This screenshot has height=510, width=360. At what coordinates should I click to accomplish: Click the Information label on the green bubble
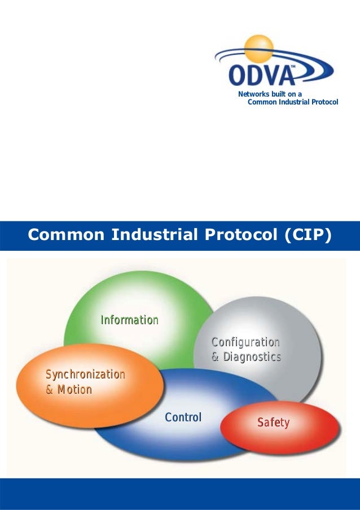(x=129, y=320)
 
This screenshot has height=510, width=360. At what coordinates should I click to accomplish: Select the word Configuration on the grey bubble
(x=245, y=342)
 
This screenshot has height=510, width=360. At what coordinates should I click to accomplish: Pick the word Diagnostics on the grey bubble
(x=252, y=357)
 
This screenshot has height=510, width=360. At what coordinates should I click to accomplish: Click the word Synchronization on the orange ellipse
(x=85, y=374)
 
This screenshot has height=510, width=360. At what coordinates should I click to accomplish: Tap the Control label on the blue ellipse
(x=183, y=417)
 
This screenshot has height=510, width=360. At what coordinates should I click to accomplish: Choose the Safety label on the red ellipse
(x=273, y=422)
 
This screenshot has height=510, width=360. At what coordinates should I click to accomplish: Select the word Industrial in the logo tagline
(x=291, y=102)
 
